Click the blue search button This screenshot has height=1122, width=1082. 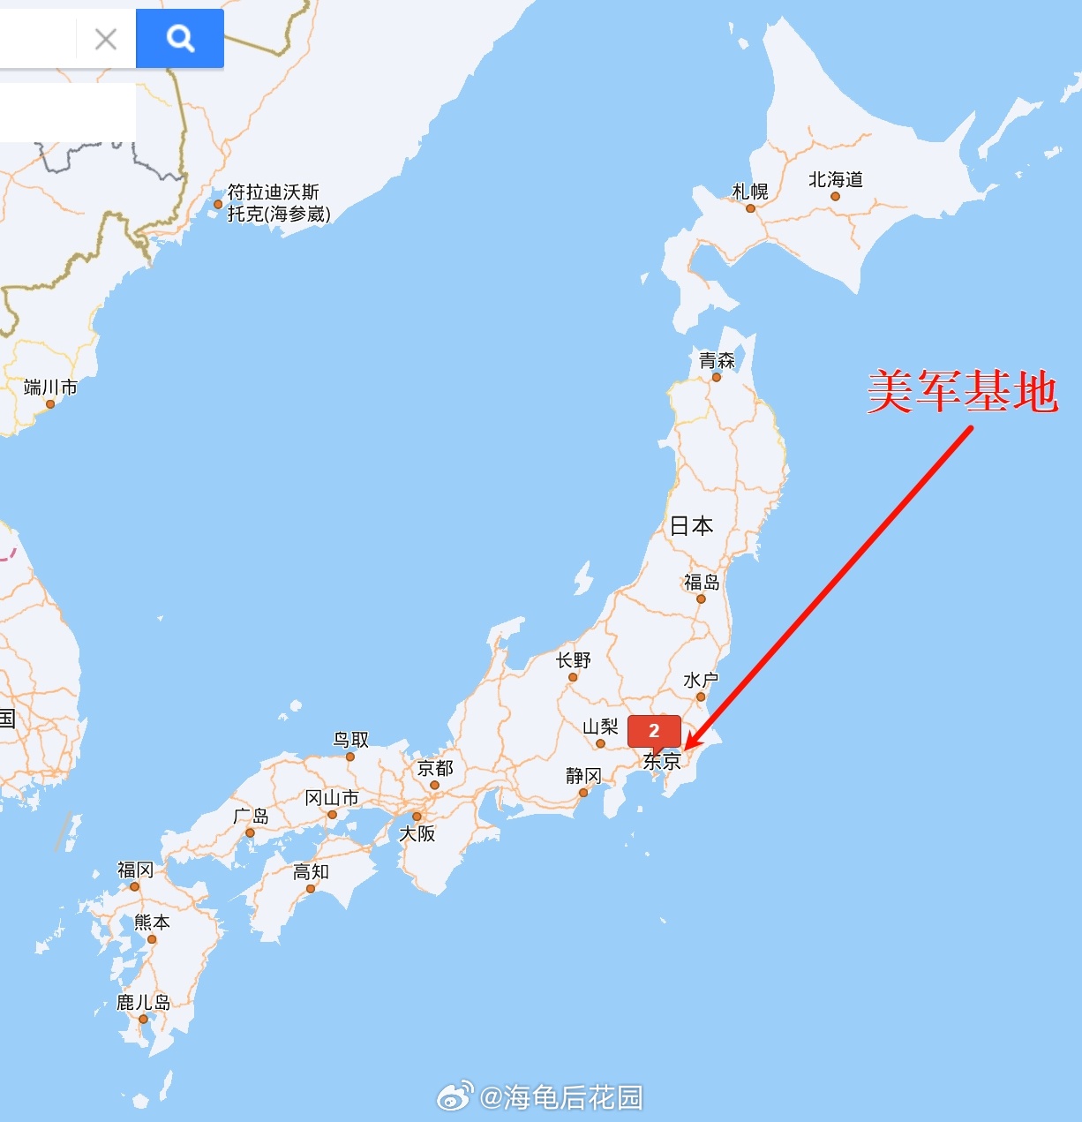[x=180, y=38]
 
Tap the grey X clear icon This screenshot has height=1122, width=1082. [x=106, y=39]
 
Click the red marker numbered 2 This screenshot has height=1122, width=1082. [x=654, y=731]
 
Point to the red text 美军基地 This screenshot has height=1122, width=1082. [x=962, y=391]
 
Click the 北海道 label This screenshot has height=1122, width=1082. [x=835, y=180]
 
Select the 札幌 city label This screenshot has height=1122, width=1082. [x=750, y=192]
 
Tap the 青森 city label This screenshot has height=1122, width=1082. [x=717, y=360]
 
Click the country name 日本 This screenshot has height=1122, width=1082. [x=691, y=526]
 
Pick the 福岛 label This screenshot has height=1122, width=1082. [x=702, y=582]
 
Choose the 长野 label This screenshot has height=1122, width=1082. [x=574, y=660]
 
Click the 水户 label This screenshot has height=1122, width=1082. [x=701, y=680]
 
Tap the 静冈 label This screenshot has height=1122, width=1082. [x=583, y=775]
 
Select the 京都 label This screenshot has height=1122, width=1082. [x=435, y=768]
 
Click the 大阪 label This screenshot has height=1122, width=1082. [x=417, y=833]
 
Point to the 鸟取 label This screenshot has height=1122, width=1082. [x=350, y=740]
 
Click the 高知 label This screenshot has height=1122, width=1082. [x=311, y=872]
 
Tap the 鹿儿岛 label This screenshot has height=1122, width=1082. [x=144, y=1002]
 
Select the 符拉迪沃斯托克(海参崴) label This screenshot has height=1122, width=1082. [x=279, y=203]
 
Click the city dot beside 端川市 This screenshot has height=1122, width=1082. [x=50, y=404]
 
